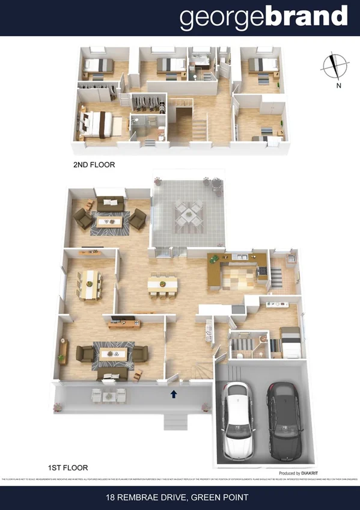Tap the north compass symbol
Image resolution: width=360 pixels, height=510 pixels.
(x=335, y=66)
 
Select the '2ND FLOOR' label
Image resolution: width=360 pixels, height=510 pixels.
(x=94, y=164)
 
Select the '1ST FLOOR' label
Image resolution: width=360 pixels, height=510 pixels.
(x=68, y=467)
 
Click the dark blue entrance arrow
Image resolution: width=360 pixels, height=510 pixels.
(x=174, y=395)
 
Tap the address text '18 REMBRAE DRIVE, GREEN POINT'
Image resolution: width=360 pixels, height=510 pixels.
(x=180, y=497)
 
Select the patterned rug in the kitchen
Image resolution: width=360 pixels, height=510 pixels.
(x=239, y=278)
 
